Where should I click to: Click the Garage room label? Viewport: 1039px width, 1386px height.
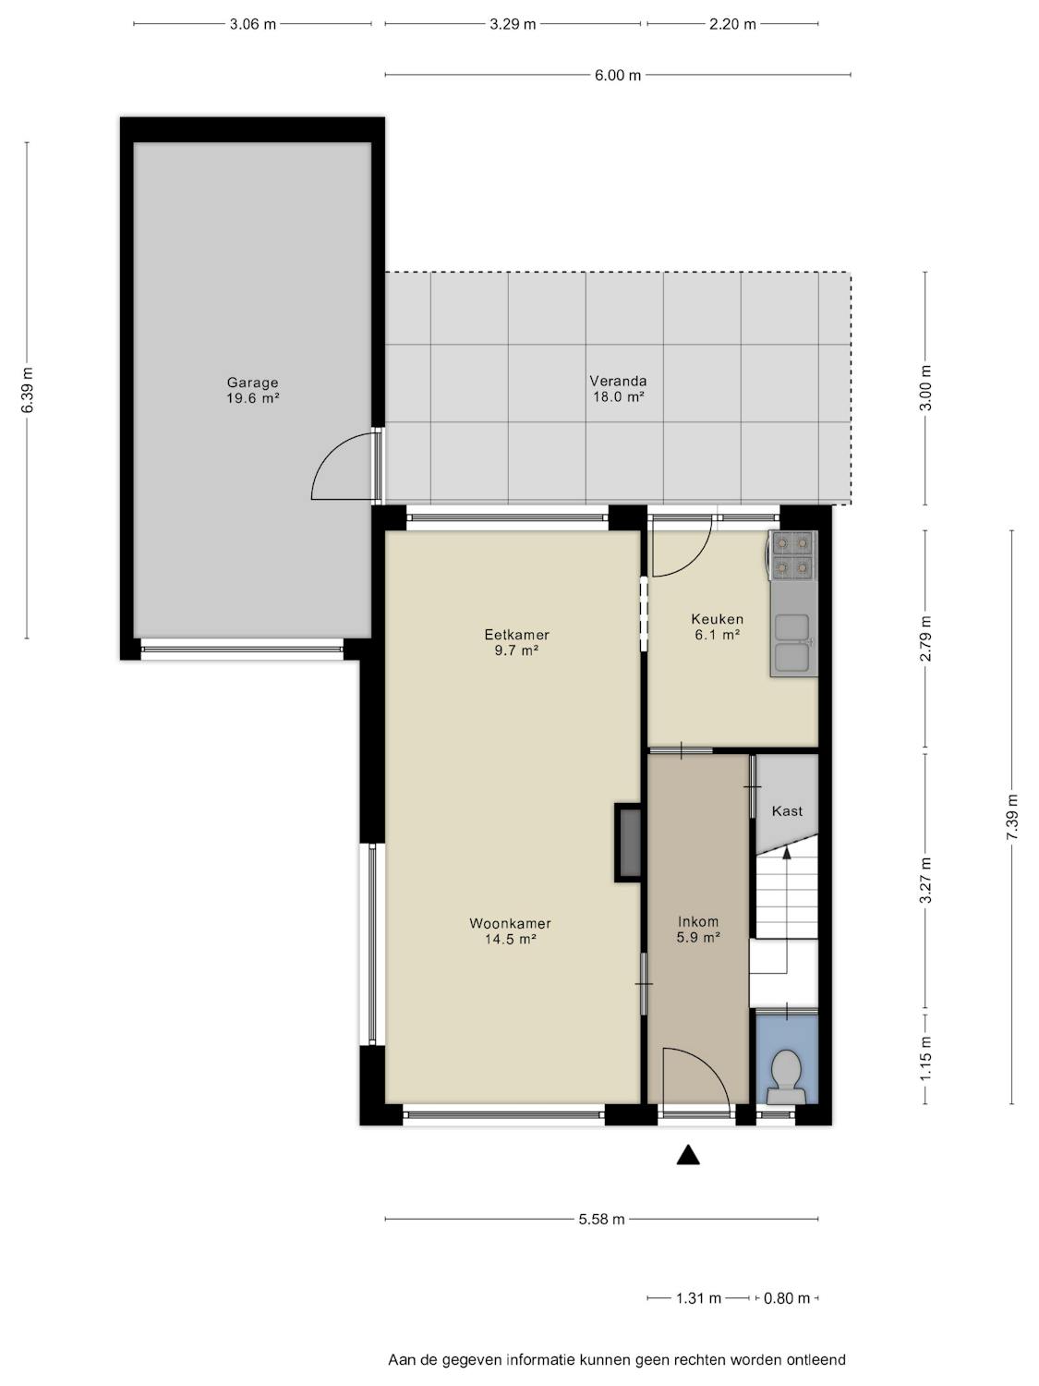[252, 383]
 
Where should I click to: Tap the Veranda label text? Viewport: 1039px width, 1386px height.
[618, 381]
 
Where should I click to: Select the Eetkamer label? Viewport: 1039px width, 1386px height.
[516, 635]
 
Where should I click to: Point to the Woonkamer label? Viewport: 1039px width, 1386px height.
[510, 923]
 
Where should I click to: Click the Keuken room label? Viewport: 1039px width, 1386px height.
[718, 619]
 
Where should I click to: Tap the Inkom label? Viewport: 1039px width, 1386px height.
[698, 921]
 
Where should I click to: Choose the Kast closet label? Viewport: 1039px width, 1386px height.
[787, 810]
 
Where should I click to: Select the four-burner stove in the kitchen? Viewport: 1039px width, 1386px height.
[792, 555]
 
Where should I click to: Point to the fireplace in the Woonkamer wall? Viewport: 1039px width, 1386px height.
[628, 843]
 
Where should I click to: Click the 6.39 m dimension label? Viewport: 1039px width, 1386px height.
[27, 390]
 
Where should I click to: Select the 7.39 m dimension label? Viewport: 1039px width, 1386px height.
[1012, 817]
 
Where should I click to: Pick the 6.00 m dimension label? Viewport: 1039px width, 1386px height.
[618, 75]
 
